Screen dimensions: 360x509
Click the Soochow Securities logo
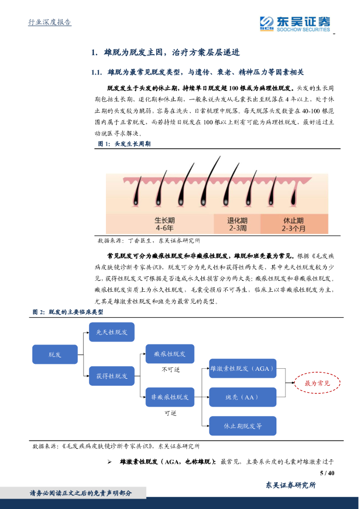pyautogui.click(x=294, y=23)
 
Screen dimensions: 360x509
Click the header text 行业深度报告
pyautogui.click(x=49, y=23)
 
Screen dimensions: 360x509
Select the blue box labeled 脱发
pyautogui.click(x=55, y=354)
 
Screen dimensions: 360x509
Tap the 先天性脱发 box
pyautogui.click(x=111, y=332)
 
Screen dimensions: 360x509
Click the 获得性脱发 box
pyautogui.click(x=111, y=376)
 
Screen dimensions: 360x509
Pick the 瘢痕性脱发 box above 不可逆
pyautogui.click(x=170, y=354)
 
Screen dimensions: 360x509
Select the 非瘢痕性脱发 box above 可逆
pyautogui.click(x=170, y=397)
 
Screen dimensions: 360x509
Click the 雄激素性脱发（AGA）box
pyautogui.click(x=242, y=368)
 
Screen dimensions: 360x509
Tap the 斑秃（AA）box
pyautogui.click(x=242, y=397)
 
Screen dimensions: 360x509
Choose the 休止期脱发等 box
pyautogui.click(x=242, y=426)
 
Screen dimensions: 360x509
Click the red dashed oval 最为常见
pyautogui.click(x=317, y=383)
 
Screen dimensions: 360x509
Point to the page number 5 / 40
pyautogui.click(x=327, y=473)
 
